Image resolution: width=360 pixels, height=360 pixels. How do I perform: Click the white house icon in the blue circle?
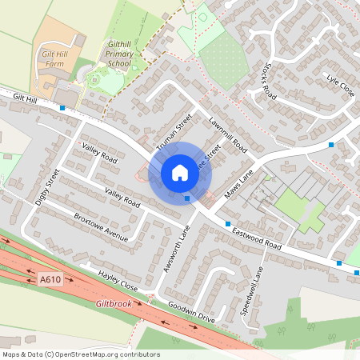(x=180, y=173)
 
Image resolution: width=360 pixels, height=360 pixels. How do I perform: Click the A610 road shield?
(x=50, y=279)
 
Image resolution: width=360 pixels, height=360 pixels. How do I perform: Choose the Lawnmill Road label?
(x=226, y=134)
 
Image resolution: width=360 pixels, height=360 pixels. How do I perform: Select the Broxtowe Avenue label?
(x=100, y=227)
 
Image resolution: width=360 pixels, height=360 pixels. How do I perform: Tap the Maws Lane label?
(x=238, y=185)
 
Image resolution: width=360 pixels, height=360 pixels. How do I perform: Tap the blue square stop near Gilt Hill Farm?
(x=62, y=107)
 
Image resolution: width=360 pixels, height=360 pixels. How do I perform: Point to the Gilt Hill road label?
(x=26, y=98)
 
